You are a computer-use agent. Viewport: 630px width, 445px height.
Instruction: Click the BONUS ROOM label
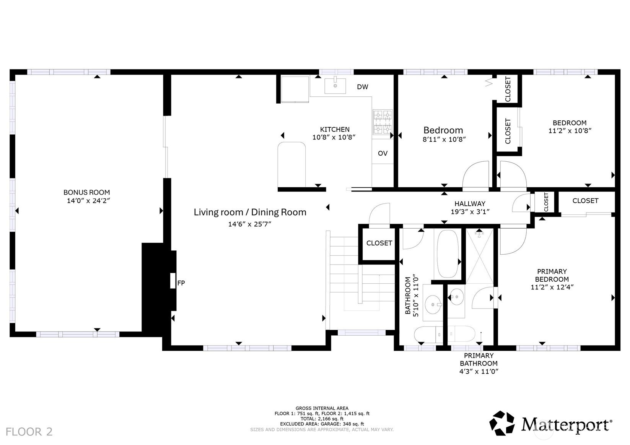click(x=86, y=193)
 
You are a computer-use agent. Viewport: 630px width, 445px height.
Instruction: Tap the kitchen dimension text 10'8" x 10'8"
click(x=334, y=138)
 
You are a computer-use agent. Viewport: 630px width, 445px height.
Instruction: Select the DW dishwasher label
click(x=363, y=87)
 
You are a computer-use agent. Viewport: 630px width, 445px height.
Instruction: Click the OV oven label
click(x=383, y=153)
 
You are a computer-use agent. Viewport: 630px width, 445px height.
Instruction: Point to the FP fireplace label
click(x=181, y=283)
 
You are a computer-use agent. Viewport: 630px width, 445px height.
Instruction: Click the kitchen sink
click(x=335, y=85)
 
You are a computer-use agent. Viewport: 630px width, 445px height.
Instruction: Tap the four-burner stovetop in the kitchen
click(x=383, y=122)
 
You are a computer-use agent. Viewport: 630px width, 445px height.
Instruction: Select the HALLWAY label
click(x=470, y=204)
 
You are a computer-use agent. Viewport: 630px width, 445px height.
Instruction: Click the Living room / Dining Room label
click(x=250, y=212)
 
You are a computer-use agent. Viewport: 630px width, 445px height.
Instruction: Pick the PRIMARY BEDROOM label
click(x=552, y=276)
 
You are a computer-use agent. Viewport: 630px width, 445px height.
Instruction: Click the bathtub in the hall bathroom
click(x=447, y=254)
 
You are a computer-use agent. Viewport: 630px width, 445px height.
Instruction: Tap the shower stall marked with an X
click(x=480, y=256)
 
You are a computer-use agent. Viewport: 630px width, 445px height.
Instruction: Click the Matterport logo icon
click(x=502, y=423)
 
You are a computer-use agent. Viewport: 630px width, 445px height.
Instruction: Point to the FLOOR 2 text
click(x=29, y=432)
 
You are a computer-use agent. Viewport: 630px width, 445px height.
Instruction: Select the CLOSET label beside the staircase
click(x=379, y=243)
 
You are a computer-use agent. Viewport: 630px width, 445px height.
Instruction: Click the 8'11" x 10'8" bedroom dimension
click(x=444, y=140)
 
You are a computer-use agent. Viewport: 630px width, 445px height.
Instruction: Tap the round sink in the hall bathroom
click(x=433, y=304)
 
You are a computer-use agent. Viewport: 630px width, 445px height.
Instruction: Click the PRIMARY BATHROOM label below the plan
click(x=479, y=359)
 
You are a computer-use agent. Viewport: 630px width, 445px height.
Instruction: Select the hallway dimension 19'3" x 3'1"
click(x=470, y=212)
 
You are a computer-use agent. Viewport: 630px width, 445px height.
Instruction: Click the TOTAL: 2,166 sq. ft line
click(x=322, y=419)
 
